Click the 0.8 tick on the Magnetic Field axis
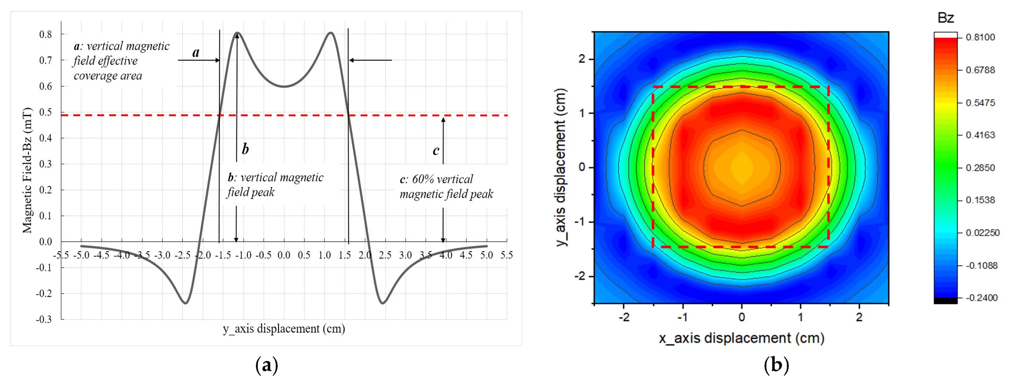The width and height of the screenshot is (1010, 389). [45, 34]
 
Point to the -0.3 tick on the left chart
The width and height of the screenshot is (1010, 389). [44, 320]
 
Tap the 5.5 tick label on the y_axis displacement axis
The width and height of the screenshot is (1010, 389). [506, 256]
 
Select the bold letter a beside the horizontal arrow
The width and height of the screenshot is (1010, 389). [196, 52]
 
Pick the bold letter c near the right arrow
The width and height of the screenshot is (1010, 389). [436, 150]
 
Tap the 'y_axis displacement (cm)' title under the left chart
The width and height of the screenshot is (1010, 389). [284, 329]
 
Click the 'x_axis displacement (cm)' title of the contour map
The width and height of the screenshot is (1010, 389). [741, 338]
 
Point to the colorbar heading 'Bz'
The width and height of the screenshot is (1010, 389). [945, 18]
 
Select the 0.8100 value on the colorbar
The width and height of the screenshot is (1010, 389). [980, 37]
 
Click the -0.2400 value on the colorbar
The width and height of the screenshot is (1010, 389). [981, 298]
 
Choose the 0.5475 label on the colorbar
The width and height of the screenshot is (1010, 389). [980, 103]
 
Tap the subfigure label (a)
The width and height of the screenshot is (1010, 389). [267, 365]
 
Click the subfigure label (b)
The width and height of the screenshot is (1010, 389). [776, 365]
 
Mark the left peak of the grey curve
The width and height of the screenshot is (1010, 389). [237, 33]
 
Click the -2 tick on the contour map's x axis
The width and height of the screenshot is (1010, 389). [624, 317]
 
